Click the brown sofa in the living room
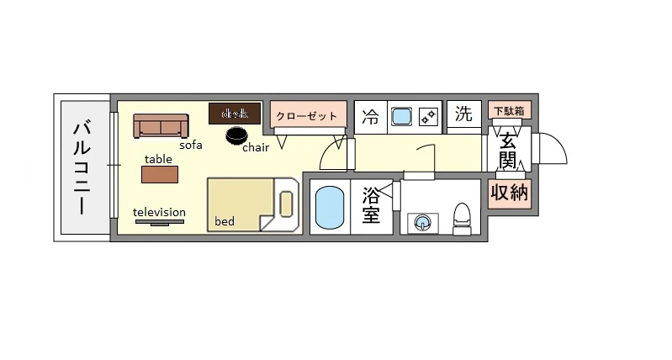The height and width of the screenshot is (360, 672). tap(159, 126)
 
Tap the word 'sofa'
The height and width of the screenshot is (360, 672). tap(190, 145)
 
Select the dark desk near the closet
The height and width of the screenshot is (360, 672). tap(235, 114)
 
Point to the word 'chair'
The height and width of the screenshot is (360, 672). tap(255, 149)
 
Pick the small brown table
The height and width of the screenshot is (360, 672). tap(160, 174)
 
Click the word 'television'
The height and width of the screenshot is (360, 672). tap(159, 212)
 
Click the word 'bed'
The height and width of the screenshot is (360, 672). tap(225, 222)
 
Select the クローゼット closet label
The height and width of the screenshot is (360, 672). tap(308, 116)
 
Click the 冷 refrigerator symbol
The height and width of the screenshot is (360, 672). tap(370, 117)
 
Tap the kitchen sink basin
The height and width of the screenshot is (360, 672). tap(401, 116)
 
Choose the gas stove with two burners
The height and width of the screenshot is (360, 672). tap(429, 117)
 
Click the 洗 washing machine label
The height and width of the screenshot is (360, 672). tap(463, 115)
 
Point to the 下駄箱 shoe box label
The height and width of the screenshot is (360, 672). tap(510, 110)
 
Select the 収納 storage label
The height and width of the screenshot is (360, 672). tap(509, 193)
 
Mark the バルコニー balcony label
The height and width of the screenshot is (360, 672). tap(82, 168)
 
